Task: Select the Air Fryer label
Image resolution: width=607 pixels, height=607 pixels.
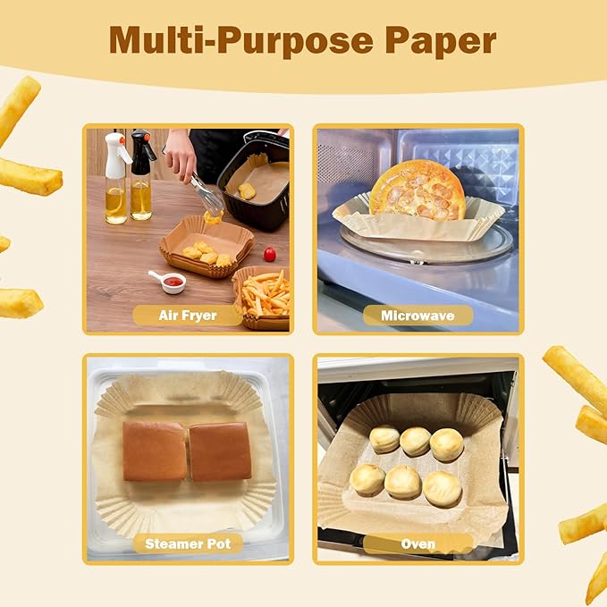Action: point(187,316)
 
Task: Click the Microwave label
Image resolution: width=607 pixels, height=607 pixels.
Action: point(417,316)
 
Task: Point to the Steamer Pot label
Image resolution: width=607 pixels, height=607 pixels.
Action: point(187,544)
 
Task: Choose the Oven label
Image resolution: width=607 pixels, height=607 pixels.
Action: point(418,544)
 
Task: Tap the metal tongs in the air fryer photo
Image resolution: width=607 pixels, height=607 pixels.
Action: point(206,193)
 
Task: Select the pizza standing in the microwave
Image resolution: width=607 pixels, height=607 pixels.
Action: point(417,190)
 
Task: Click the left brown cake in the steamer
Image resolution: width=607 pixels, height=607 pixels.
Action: point(155,451)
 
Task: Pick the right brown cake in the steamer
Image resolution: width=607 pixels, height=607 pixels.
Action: point(220,451)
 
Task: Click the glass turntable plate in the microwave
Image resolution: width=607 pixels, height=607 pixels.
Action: point(420,246)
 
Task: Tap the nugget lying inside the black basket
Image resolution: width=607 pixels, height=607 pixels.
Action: point(246,190)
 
